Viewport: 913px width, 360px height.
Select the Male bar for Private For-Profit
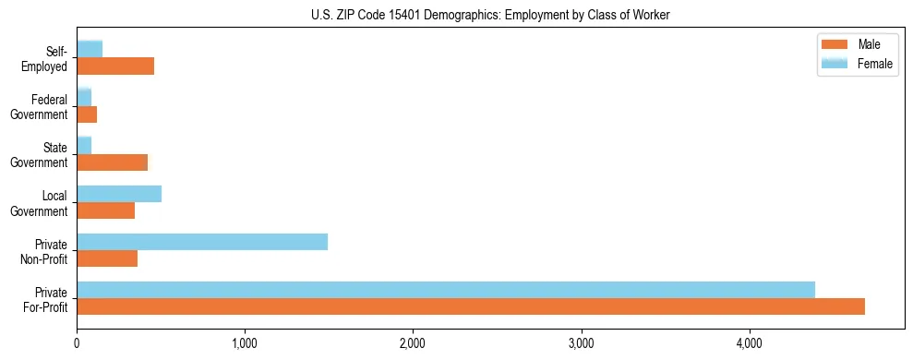coord(471,306)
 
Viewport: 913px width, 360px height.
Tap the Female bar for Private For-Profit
coord(446,290)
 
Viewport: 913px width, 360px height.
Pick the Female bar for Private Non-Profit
coord(202,242)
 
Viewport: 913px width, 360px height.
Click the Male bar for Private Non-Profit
coord(107,258)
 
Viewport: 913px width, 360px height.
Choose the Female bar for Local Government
coord(119,194)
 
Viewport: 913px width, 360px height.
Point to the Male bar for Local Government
coord(106,210)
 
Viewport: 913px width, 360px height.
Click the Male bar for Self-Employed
coord(115,66)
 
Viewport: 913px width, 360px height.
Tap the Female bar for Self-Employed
coord(90,49)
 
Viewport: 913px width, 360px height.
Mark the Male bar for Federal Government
coord(87,114)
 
